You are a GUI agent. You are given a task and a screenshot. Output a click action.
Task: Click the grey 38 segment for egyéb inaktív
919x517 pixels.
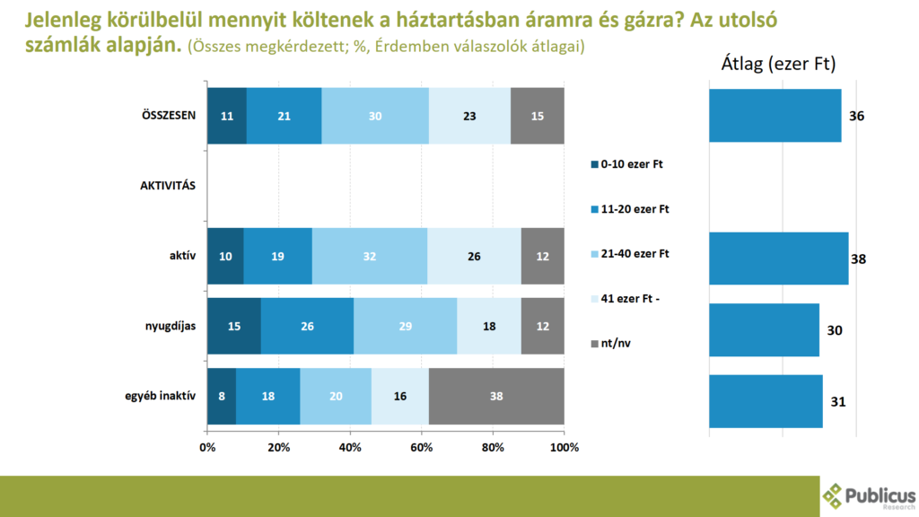point(496,396)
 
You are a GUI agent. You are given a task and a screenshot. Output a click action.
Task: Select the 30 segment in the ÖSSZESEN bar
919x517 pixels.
point(375,116)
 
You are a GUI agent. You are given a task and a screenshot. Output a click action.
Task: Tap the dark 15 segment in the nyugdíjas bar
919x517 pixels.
point(233,326)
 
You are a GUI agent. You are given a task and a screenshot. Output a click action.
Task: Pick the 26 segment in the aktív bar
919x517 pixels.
point(474,256)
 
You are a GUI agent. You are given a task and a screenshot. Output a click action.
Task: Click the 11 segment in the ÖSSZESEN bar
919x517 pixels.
point(226,116)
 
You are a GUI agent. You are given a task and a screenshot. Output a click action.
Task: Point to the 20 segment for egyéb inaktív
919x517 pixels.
point(336,396)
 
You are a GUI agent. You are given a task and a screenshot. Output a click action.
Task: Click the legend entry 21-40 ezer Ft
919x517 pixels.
point(635,254)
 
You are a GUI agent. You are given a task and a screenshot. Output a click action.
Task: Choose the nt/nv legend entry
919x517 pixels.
point(615,344)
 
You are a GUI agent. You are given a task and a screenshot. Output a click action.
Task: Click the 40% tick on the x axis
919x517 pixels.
point(350,447)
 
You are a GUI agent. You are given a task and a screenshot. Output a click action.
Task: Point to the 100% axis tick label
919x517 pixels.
point(564,447)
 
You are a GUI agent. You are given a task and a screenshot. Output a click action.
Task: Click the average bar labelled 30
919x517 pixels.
point(764,330)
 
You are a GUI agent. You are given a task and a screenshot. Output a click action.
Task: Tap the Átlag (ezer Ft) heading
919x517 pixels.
point(778,65)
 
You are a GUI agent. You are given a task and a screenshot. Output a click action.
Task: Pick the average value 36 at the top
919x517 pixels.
point(856,116)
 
